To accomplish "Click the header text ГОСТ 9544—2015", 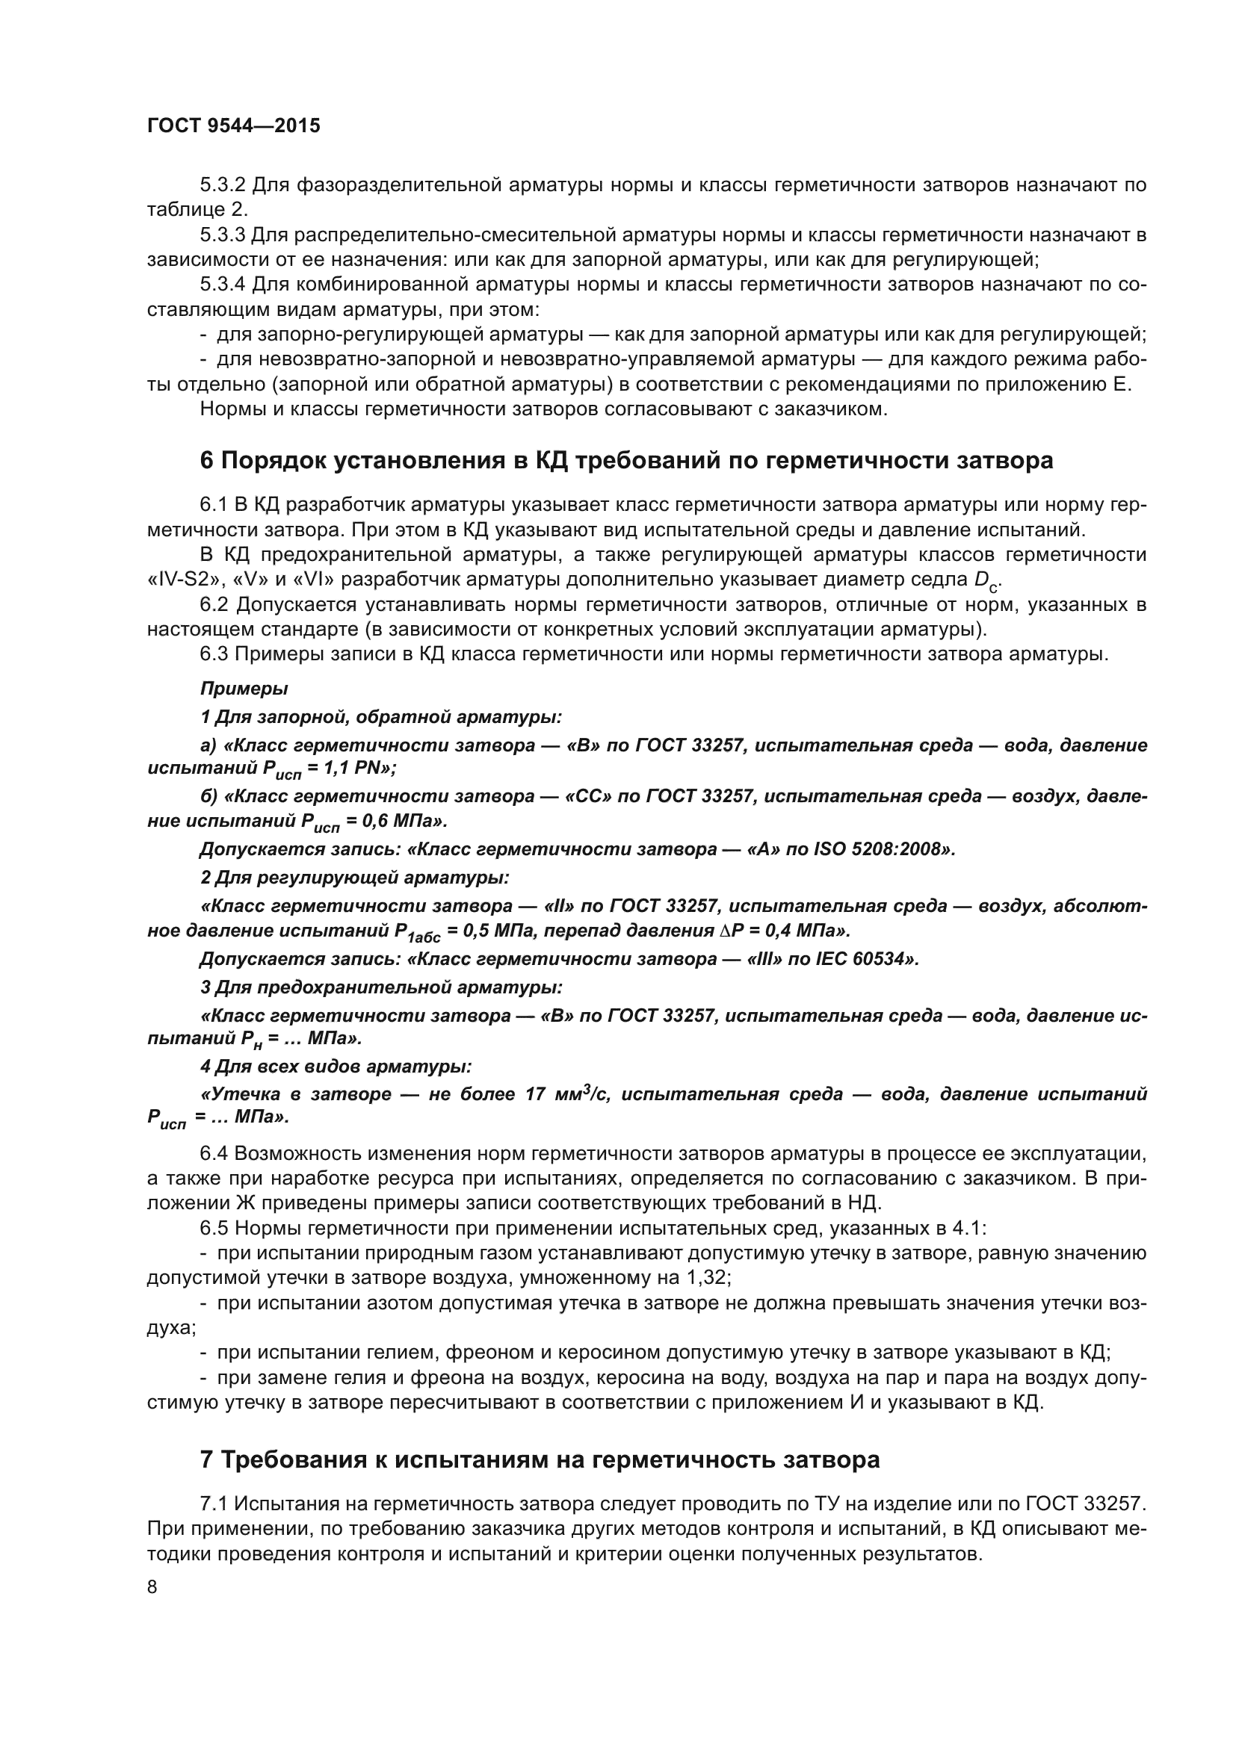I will [x=233, y=125].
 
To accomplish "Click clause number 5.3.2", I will [x=222, y=185].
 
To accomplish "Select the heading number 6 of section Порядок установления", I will [x=206, y=460].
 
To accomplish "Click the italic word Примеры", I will [x=244, y=689].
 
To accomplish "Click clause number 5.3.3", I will [x=222, y=235].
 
